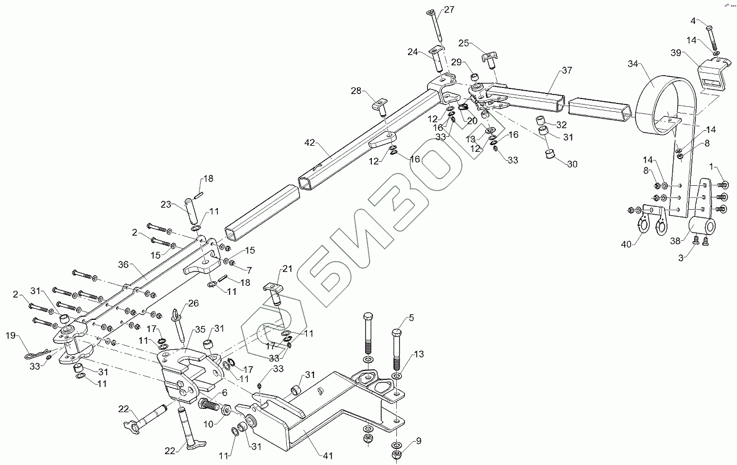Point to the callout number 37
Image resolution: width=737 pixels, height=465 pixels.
[x=566, y=71]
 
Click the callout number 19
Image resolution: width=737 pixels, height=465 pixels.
[x=11, y=335]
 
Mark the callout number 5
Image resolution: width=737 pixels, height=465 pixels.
[x=411, y=318]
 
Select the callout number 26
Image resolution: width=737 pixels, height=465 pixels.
[x=193, y=303]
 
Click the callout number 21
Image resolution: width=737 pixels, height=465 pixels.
[x=287, y=269]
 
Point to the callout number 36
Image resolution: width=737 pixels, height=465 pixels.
[x=123, y=265]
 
